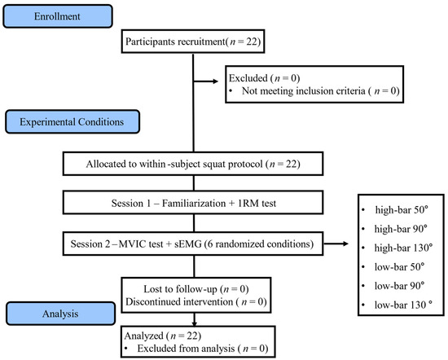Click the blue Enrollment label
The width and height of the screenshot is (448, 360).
pos(58,16)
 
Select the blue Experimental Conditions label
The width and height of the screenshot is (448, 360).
pos(72,121)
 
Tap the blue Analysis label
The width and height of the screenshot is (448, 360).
pos(60,314)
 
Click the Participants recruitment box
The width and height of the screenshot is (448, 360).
pos(193,42)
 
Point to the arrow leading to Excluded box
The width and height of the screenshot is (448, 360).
pos(206,81)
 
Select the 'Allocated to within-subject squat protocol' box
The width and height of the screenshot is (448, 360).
pos(193,164)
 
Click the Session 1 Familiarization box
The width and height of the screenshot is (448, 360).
pos(193,203)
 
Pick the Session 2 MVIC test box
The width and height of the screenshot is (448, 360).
pos(193,244)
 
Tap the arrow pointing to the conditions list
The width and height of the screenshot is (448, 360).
pos(336,244)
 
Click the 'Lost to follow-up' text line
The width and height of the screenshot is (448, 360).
pos(196,289)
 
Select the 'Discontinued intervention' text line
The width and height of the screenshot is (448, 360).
pos(196,301)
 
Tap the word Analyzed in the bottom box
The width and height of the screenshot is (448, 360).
pos(144,336)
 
